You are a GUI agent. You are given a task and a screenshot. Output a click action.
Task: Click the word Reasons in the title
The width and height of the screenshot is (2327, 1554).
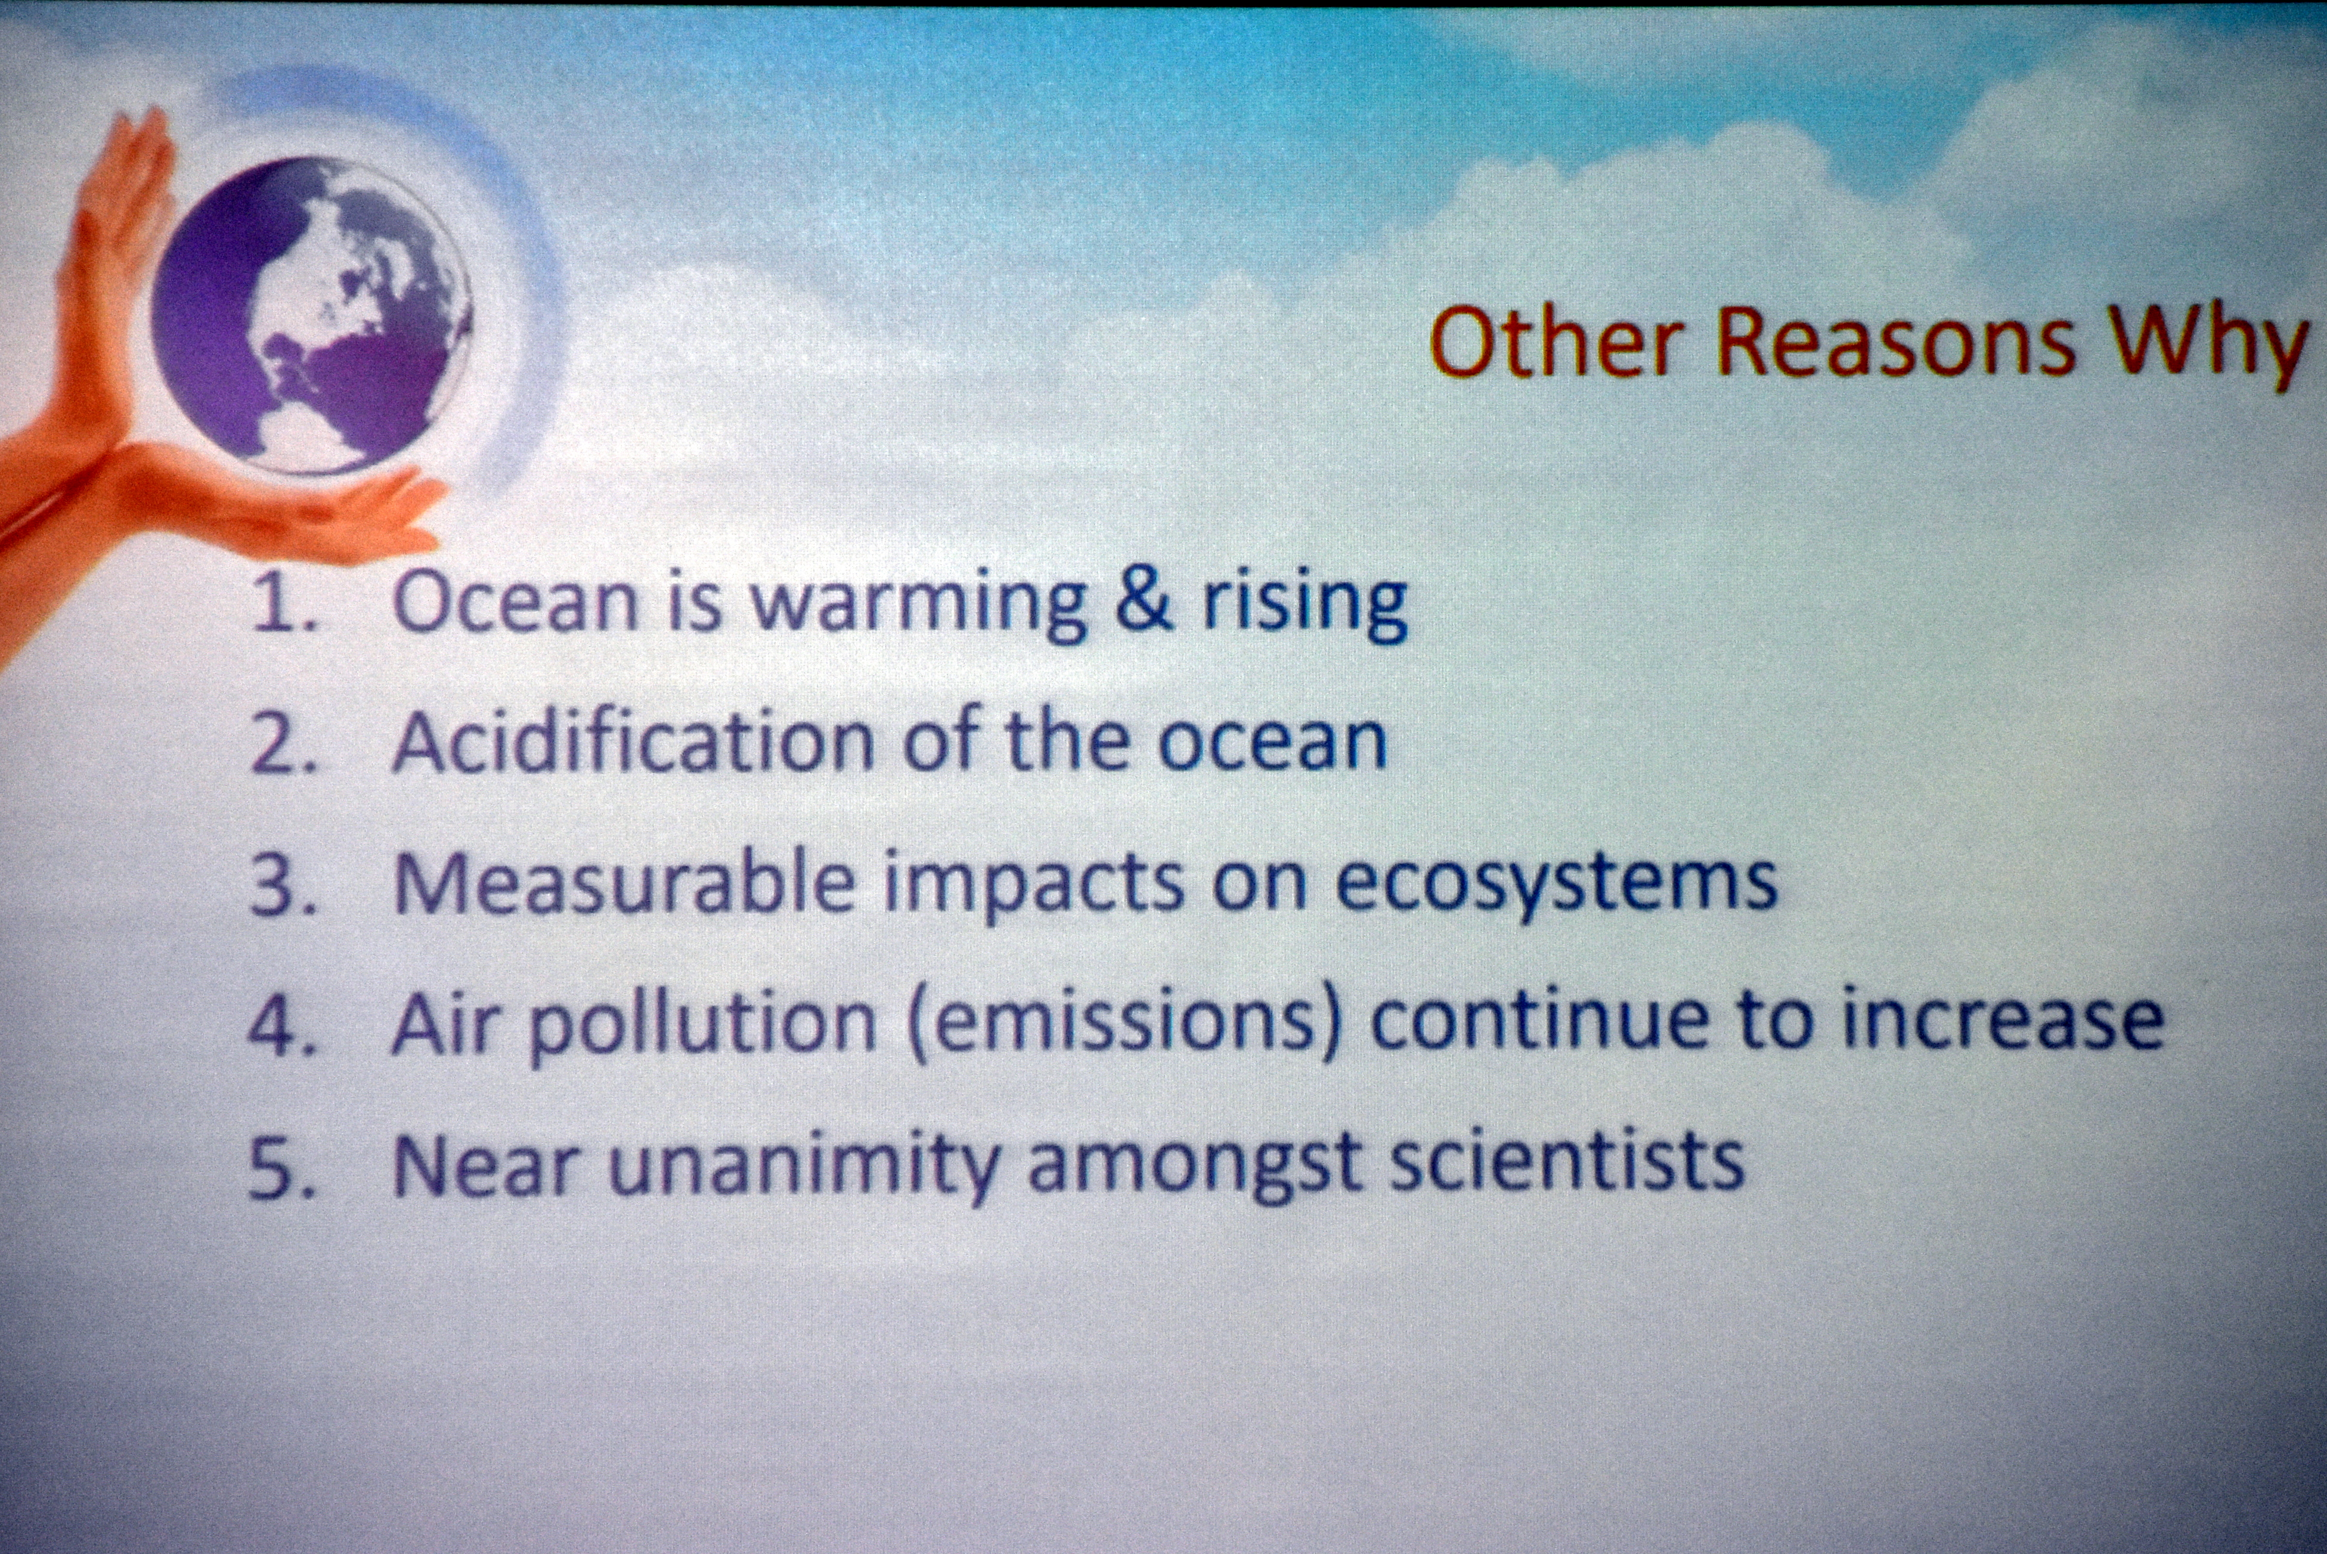point(1895,342)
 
